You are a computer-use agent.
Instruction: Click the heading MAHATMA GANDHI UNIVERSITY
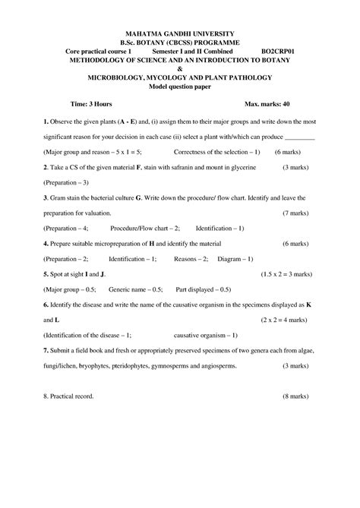tap(179, 33)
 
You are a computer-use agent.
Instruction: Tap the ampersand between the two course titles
tap(180, 68)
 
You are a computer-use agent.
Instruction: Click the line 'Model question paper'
tap(180, 86)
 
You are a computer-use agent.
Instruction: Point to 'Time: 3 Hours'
tap(90, 103)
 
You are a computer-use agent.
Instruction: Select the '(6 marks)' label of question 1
tap(291, 151)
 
